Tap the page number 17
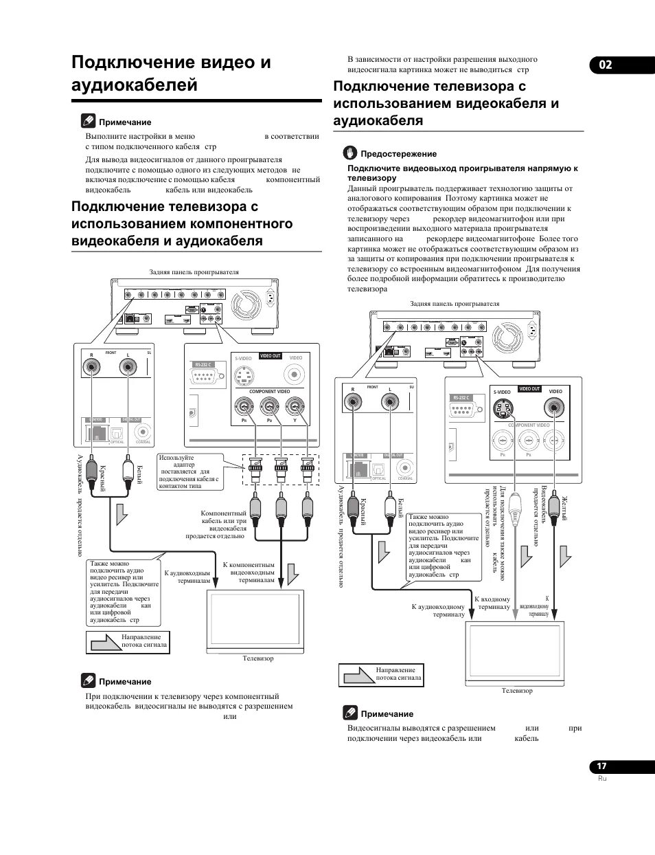[x=601, y=766]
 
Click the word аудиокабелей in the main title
[x=135, y=85]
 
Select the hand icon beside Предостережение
[x=351, y=153]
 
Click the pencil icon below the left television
[x=89, y=681]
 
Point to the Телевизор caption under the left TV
[x=257, y=658]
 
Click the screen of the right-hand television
[x=516, y=651]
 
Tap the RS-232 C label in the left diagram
[x=203, y=365]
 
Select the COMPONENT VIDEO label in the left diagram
[x=269, y=391]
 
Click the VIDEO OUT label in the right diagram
[x=529, y=389]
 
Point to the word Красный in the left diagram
[x=102, y=478]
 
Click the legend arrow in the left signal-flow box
[x=104, y=643]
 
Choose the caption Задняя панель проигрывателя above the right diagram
[x=455, y=303]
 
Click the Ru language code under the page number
[x=602, y=778]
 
